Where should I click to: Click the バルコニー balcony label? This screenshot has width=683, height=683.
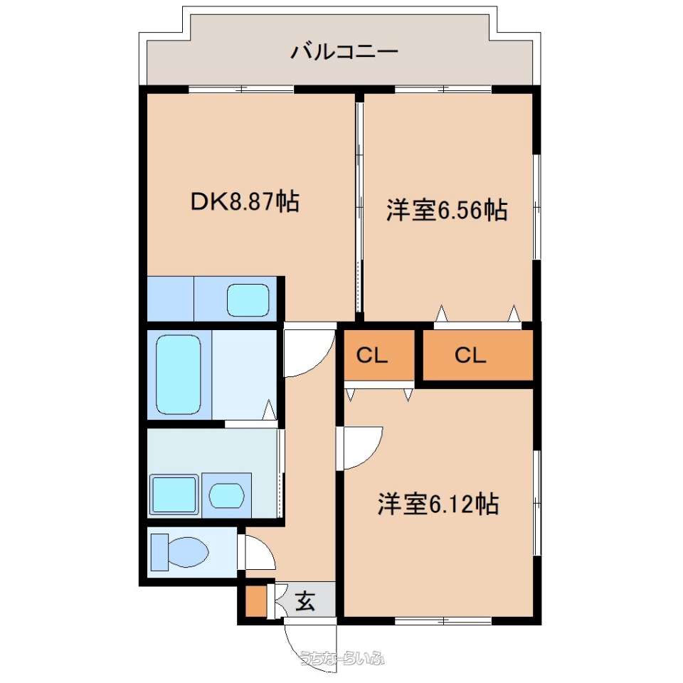pyautogui.click(x=344, y=52)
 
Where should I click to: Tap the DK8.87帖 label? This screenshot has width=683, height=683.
pyautogui.click(x=245, y=201)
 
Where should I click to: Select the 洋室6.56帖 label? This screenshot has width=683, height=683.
pyautogui.click(x=447, y=210)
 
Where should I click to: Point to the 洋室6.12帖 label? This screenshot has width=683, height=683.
pyautogui.click(x=438, y=504)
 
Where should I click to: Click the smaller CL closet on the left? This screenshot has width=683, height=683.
pyautogui.click(x=379, y=355)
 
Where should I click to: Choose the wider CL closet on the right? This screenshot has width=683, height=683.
pyautogui.click(x=478, y=355)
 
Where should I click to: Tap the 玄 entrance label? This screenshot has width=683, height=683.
pyautogui.click(x=305, y=602)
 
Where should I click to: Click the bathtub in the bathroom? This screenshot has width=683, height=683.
pyautogui.click(x=178, y=375)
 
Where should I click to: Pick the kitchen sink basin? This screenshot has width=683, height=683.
pyautogui.click(x=248, y=300)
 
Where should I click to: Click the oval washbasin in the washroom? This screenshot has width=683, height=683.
pyautogui.click(x=226, y=496)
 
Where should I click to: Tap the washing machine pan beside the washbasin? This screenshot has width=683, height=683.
pyautogui.click(x=174, y=494)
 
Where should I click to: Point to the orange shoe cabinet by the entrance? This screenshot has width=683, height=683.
pyautogui.click(x=256, y=602)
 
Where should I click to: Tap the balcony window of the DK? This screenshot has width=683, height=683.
pyautogui.click(x=241, y=90)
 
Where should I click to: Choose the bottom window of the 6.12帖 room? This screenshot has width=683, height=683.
pyautogui.click(x=443, y=620)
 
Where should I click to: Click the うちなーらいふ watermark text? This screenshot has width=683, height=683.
pyautogui.click(x=342, y=657)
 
